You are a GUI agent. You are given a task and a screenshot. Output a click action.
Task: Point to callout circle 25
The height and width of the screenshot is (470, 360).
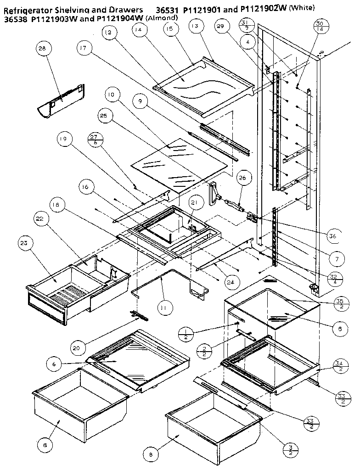click(x=103, y=117)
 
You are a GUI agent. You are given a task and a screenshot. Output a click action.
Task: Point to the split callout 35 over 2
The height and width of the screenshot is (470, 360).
click(x=340, y=304)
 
